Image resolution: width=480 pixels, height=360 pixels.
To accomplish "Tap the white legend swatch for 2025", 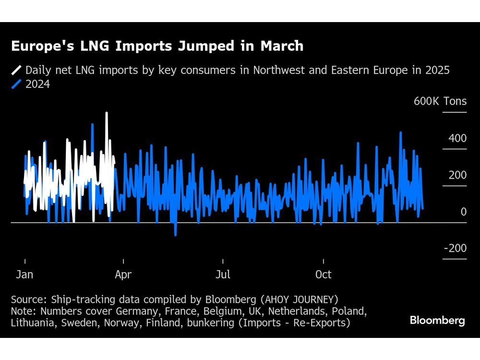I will [16, 70].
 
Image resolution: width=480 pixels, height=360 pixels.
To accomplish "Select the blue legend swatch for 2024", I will [16, 84].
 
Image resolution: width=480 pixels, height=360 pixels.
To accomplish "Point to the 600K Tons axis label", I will [440, 101].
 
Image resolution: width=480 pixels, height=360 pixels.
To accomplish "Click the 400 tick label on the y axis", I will [457, 138].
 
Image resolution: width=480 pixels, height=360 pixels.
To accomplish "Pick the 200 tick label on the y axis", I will [457, 175].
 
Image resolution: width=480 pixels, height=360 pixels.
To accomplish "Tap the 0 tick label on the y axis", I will [463, 212].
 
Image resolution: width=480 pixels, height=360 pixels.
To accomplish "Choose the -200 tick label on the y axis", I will [455, 248].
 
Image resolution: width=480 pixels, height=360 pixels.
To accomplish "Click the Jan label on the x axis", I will [24, 275].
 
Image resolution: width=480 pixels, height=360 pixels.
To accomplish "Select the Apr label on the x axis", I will [123, 275].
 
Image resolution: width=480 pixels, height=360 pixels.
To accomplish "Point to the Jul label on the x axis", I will [223, 275].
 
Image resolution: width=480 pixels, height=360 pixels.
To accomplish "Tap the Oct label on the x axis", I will [323, 275].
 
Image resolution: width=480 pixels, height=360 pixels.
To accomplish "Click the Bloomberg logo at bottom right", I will [437, 320].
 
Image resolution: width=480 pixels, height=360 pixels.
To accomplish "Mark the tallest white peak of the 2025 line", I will [107, 113].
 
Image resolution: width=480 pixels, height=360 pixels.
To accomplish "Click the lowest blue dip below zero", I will [175, 235].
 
